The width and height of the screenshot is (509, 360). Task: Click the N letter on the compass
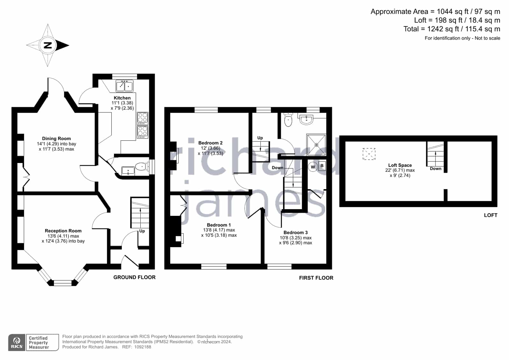[48, 45]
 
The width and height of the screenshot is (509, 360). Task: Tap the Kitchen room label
[122, 98]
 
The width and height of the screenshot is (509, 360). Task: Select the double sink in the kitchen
[124, 86]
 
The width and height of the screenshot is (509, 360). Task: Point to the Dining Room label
[56, 138]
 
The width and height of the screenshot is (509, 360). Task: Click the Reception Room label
[63, 231]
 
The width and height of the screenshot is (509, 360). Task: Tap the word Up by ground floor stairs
[142, 231]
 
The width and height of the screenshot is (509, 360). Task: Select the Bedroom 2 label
[210, 143]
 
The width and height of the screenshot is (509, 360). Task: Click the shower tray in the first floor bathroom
[316, 145]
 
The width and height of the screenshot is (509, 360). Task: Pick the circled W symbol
[313, 167]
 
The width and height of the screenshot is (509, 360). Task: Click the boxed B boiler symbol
[322, 166]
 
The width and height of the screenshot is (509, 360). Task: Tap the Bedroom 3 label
[296, 232]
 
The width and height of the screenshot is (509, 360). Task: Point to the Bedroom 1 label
[219, 225]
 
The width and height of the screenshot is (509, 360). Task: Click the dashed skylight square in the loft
[369, 154]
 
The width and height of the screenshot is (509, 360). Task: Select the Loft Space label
[400, 165]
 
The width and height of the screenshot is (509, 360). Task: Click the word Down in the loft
[435, 169]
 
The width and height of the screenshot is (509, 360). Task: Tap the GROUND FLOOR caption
[135, 277]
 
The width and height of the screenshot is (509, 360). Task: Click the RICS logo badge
[17, 342]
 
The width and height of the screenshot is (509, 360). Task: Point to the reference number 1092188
[143, 347]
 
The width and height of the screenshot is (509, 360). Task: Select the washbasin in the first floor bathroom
[306, 119]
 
